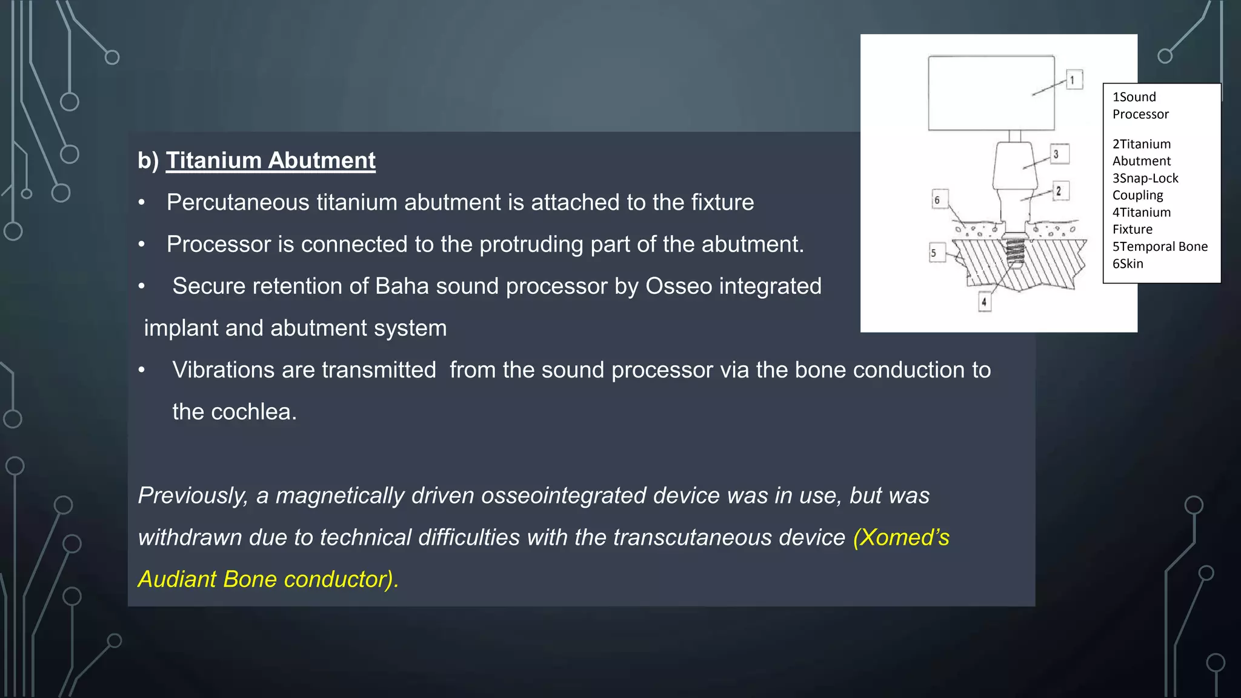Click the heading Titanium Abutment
point(270,161)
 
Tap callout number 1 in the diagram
point(1074,79)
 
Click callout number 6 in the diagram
point(937,200)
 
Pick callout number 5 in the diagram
point(934,253)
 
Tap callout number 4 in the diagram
point(984,301)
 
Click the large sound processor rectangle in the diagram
point(991,93)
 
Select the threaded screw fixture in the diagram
point(1015,252)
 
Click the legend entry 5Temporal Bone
point(1160,247)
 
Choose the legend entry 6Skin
point(1128,264)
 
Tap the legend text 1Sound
point(1134,97)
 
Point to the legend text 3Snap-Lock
point(1145,178)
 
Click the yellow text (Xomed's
point(901,537)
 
